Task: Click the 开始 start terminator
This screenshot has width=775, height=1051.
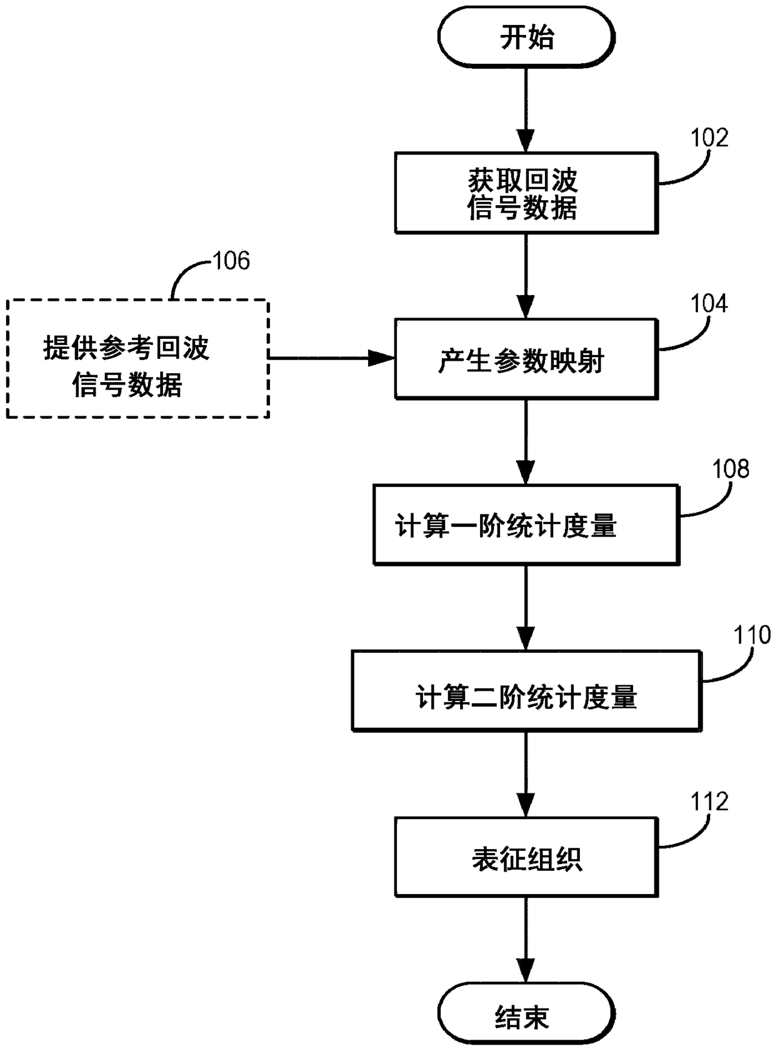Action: coord(526,37)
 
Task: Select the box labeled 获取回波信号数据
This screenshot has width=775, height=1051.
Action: coord(526,193)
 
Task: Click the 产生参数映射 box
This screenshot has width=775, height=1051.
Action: coord(526,359)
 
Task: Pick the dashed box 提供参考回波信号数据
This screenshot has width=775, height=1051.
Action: coord(137,359)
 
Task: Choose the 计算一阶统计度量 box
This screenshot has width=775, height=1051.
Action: coord(526,525)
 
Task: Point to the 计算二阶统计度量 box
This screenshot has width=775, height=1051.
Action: coord(526,691)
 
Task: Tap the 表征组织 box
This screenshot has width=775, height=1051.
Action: coord(526,857)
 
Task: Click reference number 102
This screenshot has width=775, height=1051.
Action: coord(709,138)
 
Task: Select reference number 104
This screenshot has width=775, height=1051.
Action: coord(709,304)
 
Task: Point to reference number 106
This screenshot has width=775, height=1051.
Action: coord(231,260)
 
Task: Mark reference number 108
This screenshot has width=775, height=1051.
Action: coord(731,469)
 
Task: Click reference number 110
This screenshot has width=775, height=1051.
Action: coord(752,635)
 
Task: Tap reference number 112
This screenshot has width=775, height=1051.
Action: coord(709,802)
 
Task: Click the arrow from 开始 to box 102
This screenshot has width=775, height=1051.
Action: coord(526,110)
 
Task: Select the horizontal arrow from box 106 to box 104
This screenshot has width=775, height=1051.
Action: coord(332,358)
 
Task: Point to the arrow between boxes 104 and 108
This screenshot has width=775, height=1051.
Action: coord(526,442)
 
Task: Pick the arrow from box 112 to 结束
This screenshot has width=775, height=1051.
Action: coord(526,940)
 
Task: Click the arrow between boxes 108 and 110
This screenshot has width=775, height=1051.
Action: coord(526,608)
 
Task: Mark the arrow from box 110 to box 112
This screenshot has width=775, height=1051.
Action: coord(526,774)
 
